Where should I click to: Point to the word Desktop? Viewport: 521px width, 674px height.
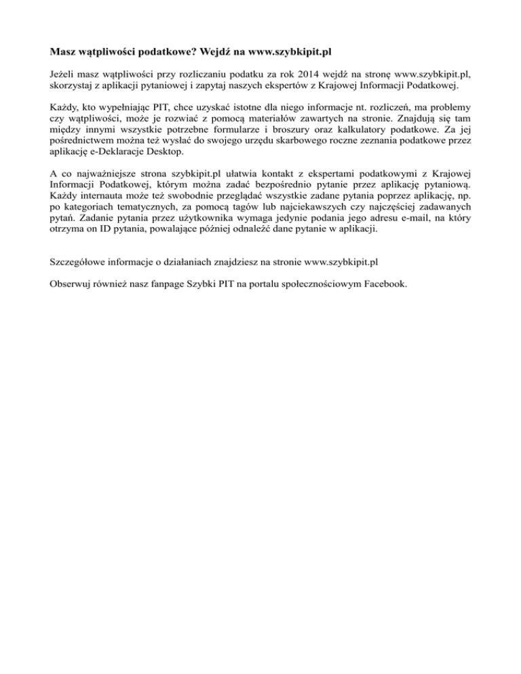(163, 154)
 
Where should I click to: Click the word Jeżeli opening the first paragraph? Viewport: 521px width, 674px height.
(65, 73)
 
